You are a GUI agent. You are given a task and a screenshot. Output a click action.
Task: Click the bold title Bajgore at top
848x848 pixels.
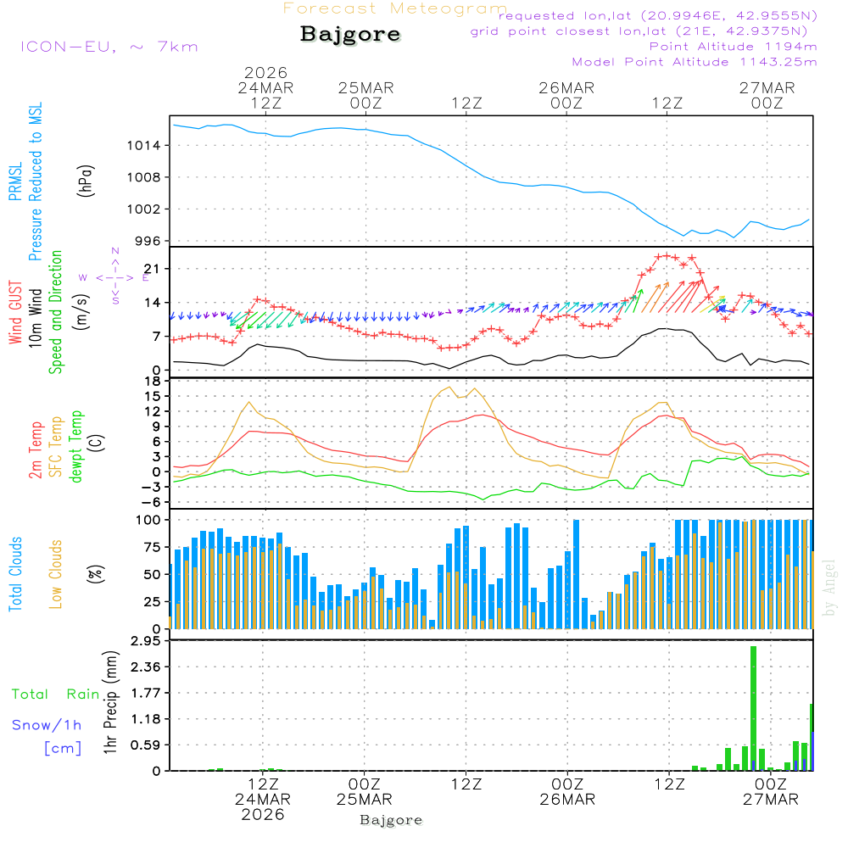349,35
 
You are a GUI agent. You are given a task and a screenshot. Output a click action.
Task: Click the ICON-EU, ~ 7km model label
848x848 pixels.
109,46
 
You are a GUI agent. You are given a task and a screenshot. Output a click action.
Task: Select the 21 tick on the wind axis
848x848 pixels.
151,269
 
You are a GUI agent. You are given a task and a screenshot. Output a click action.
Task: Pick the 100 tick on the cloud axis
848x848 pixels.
148,520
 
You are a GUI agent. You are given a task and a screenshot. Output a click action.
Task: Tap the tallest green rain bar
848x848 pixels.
753,707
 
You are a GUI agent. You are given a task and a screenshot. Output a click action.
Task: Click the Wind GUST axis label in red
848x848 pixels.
15,314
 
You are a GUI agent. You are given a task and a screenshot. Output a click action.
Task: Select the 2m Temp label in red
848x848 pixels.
36,449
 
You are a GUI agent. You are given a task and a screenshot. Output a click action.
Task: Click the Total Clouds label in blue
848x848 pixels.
15,574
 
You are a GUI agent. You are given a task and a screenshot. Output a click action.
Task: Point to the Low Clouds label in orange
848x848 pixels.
56,574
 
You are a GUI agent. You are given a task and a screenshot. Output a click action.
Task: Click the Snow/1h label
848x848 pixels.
47,725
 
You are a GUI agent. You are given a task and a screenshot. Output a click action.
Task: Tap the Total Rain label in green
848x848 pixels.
55,694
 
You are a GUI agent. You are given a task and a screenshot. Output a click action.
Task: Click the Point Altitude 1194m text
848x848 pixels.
733,46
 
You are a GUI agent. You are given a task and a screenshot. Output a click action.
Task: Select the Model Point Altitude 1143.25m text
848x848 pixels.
695,61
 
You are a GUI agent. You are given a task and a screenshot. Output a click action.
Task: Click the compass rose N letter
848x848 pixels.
115,252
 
